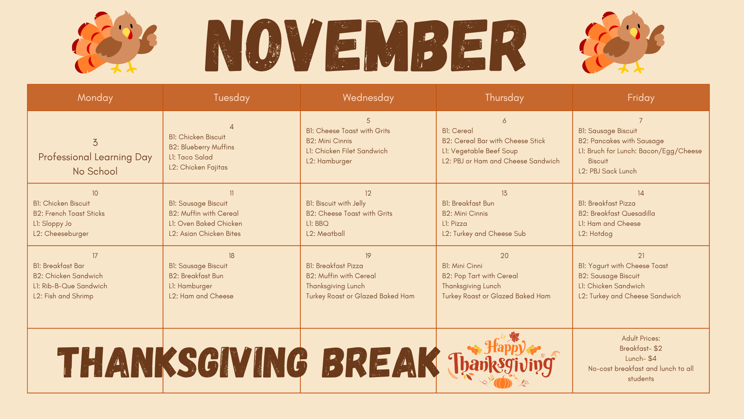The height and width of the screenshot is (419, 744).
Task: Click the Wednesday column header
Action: (368, 98)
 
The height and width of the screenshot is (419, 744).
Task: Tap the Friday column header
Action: (641, 98)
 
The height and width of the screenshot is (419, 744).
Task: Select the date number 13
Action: (504, 193)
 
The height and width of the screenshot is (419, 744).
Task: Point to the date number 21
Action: (641, 256)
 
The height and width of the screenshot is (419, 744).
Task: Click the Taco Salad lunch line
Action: (191, 157)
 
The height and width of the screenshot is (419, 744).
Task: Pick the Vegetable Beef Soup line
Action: (480, 151)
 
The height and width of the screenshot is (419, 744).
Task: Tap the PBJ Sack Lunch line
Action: (607, 171)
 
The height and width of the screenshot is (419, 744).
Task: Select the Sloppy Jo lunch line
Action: (52, 223)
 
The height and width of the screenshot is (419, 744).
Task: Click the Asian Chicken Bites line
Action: (205, 234)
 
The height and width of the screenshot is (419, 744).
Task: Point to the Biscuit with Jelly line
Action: (336, 203)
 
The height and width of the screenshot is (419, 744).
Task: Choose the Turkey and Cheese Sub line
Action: (484, 234)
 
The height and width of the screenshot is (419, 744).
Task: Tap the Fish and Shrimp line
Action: (63, 296)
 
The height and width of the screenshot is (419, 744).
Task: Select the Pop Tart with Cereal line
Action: (480, 276)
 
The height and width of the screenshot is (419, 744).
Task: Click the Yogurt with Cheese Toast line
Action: (623, 266)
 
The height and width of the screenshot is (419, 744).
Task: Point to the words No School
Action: (95, 171)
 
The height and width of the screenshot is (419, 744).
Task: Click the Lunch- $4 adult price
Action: (641, 358)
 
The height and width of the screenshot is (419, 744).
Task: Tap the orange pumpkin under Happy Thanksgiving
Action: (503, 382)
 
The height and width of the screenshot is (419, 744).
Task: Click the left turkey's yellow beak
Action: (126, 33)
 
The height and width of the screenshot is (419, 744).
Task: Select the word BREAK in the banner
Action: (381, 363)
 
